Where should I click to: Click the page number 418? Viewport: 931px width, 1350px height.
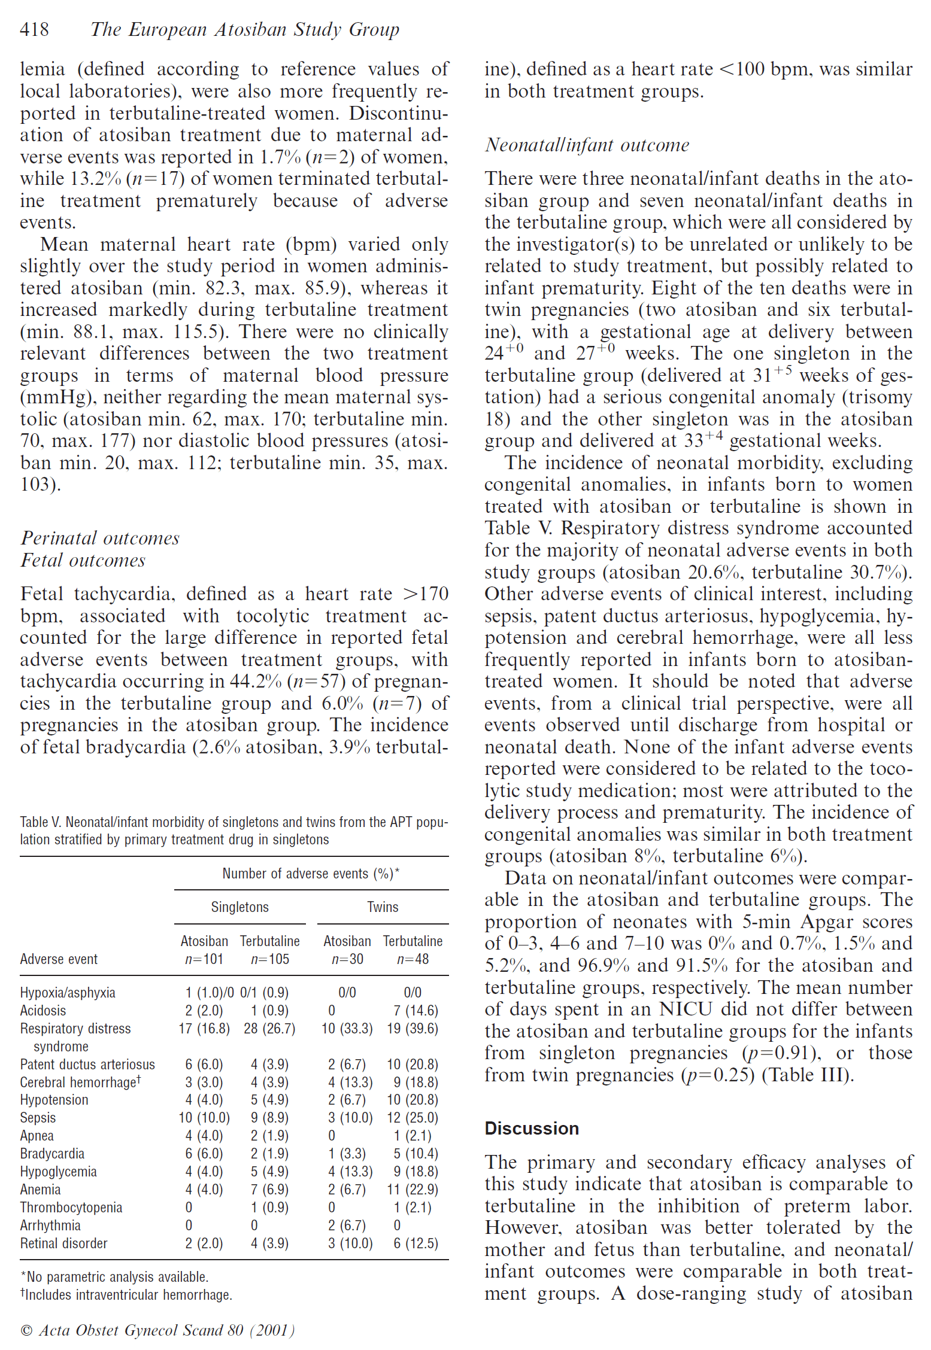(34, 29)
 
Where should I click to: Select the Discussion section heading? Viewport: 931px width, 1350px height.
(531, 1128)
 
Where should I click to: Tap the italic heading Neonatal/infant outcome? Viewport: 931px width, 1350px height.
(587, 145)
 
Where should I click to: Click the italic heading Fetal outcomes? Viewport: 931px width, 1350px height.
(83, 560)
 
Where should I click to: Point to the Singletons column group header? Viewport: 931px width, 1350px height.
(239, 907)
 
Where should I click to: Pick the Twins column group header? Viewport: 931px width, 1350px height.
(383, 907)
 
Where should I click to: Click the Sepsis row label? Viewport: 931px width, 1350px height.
(38, 1118)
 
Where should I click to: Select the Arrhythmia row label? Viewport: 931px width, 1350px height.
(50, 1226)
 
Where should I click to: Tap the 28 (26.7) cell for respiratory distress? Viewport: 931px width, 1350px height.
(269, 1029)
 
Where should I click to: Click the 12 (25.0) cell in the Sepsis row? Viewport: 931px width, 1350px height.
(413, 1118)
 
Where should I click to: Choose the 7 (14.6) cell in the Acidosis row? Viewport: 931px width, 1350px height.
(416, 1011)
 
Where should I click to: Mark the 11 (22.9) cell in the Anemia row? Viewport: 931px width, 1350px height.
(413, 1190)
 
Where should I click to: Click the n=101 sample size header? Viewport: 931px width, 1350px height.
(204, 959)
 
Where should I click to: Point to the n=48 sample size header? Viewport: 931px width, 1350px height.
(413, 959)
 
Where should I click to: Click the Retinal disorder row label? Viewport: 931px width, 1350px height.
(63, 1243)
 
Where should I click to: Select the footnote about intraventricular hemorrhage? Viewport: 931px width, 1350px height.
(126, 1295)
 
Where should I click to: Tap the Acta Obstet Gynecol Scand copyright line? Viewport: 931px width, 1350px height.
(157, 1330)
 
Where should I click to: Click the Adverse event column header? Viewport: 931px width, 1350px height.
(59, 959)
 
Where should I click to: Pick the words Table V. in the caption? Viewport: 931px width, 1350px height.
(40, 822)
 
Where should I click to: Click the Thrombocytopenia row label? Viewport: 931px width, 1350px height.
(71, 1208)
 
